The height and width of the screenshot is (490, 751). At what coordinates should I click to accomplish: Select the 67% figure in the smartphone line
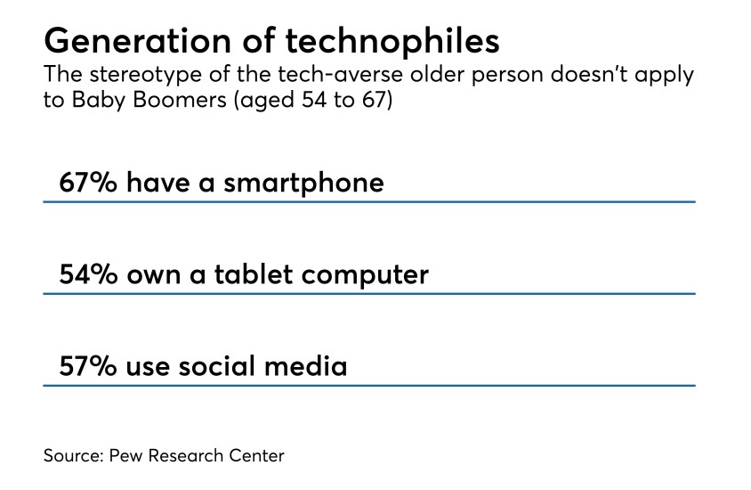coord(88,183)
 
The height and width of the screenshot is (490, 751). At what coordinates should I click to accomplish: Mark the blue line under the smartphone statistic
coord(368,202)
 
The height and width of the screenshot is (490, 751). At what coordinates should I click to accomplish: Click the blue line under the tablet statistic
coord(368,294)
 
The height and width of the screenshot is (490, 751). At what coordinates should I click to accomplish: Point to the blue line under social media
coord(368,385)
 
